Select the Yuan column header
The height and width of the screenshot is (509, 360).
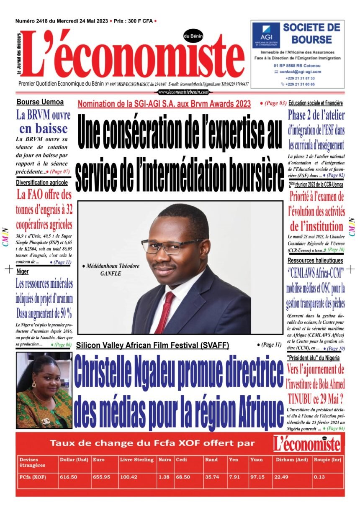pyautogui.click(x=256, y=460)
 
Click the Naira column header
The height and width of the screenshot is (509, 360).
pyautogui.click(x=165, y=460)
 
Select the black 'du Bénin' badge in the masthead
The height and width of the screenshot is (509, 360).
pyautogui.click(x=193, y=36)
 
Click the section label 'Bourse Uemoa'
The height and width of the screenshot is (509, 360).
pyautogui.click(x=40, y=102)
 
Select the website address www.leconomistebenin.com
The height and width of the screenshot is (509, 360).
pyautogui.click(x=183, y=92)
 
